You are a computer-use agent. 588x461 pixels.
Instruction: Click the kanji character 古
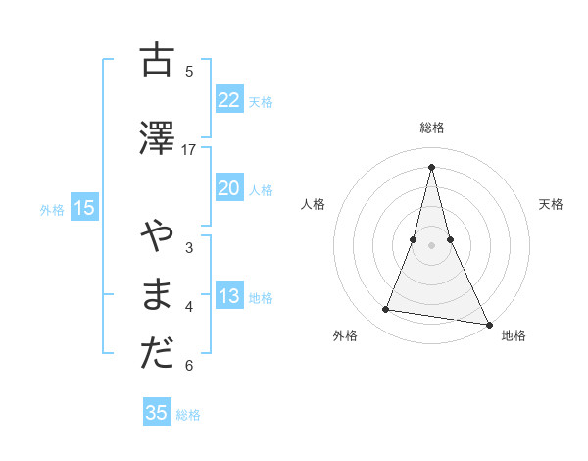pyautogui.click(x=157, y=61)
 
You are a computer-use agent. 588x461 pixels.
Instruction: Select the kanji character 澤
pyautogui.click(x=157, y=138)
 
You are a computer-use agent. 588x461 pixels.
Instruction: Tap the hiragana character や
pyautogui.click(x=157, y=237)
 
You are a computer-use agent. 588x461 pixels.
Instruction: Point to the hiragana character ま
pyautogui.click(x=157, y=295)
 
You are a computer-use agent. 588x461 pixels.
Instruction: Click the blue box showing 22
pyautogui.click(x=228, y=100)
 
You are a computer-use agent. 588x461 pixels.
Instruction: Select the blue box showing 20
pyautogui.click(x=228, y=188)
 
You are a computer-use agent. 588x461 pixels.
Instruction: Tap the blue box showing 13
pyautogui.click(x=228, y=296)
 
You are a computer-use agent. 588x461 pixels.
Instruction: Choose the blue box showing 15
pyautogui.click(x=83, y=208)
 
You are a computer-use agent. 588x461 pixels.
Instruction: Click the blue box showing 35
pyautogui.click(x=157, y=413)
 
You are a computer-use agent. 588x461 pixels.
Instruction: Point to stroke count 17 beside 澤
pyautogui.click(x=189, y=150)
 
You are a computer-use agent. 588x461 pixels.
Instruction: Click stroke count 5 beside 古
pyautogui.click(x=189, y=72)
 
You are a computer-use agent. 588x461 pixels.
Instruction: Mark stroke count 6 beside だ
pyautogui.click(x=189, y=366)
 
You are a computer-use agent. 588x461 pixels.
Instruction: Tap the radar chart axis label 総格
pyautogui.click(x=432, y=128)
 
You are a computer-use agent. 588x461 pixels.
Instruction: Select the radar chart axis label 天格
pyautogui.click(x=551, y=204)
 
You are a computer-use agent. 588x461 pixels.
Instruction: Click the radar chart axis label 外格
pyautogui.click(x=345, y=335)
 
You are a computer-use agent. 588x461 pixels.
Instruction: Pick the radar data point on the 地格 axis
pyautogui.click(x=488, y=324)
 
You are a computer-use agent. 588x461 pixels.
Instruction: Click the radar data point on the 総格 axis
pyautogui.click(x=431, y=166)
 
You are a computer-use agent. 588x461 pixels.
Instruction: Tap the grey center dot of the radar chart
pyautogui.click(x=431, y=244)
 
